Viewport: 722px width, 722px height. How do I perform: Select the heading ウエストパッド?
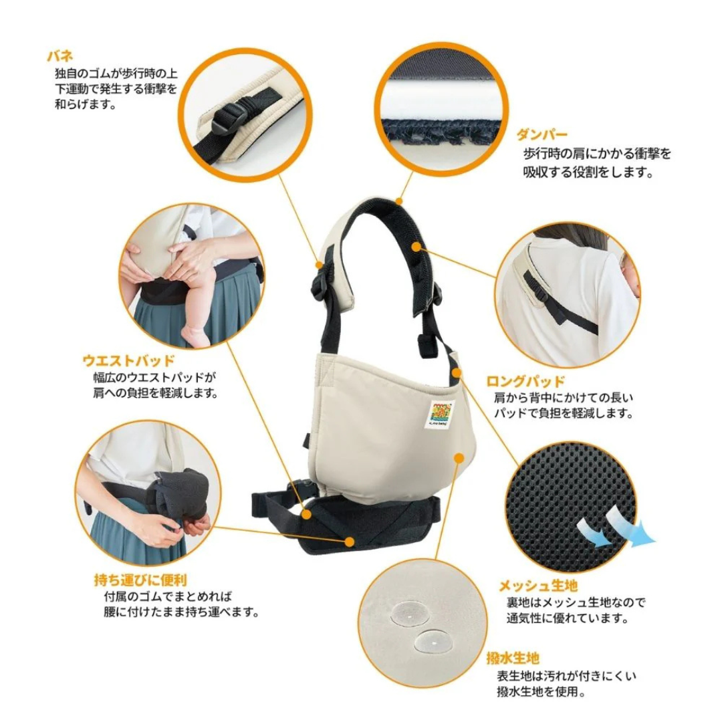point(128,360)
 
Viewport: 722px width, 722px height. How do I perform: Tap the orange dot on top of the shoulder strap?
point(398,200)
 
